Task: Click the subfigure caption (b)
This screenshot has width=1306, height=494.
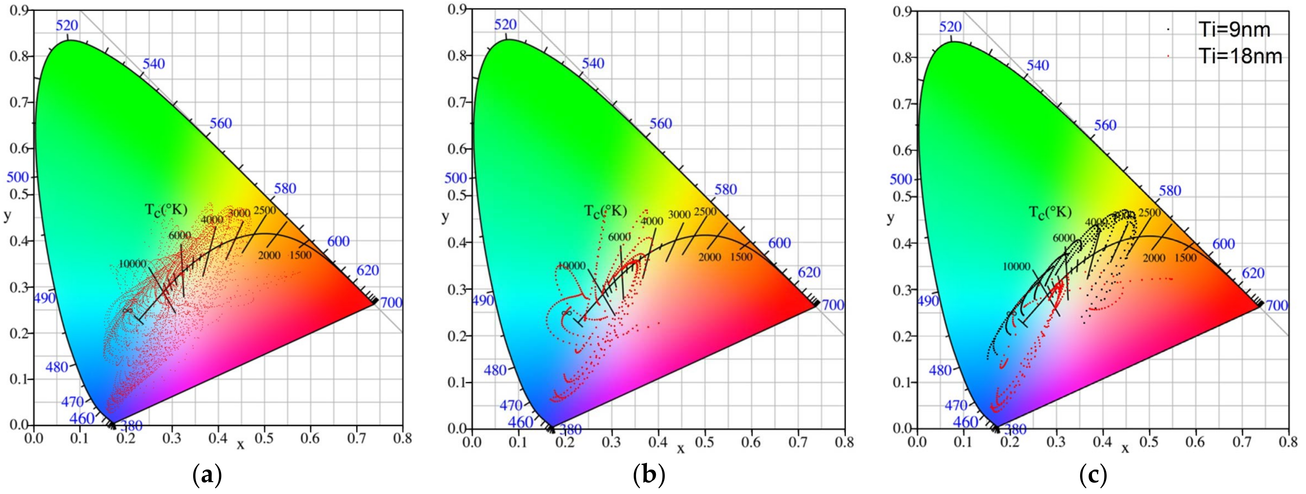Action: pos(649,476)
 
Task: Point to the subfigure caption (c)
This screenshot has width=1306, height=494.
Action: pos(1093,476)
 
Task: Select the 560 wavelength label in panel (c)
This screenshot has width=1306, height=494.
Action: pos(1105,125)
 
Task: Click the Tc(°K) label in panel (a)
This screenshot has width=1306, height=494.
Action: pos(166,210)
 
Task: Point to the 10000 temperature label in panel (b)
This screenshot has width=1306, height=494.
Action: pos(572,266)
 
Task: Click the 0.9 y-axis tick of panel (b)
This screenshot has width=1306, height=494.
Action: pos(458,10)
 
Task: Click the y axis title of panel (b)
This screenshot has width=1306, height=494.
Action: pos(445,217)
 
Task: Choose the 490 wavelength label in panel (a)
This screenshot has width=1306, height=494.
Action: pos(45,298)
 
